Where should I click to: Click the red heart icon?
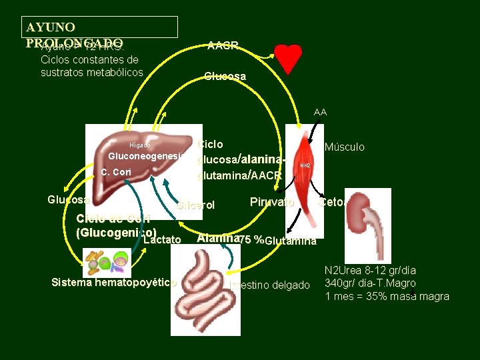289,59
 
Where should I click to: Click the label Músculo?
344,147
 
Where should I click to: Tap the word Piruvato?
271,201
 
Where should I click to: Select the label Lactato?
162,239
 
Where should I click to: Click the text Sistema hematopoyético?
113,282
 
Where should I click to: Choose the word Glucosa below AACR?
225,77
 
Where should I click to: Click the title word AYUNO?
50,27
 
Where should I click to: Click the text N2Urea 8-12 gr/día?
370,271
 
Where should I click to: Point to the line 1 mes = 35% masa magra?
387,297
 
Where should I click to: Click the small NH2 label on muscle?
305,165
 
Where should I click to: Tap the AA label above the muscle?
320,113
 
